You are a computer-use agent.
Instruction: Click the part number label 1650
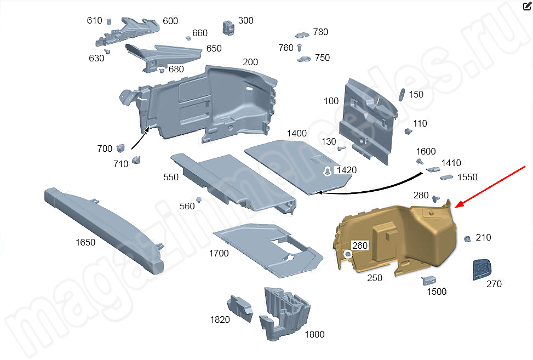tap(85, 242)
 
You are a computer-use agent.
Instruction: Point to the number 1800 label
tap(314, 334)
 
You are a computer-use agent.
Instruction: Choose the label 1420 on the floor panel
tap(346, 170)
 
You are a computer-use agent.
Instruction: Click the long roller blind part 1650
tap(104, 230)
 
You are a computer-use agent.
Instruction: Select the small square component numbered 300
tap(228, 26)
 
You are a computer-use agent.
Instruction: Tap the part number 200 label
tap(250, 62)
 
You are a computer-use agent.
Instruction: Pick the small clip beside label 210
tap(468, 239)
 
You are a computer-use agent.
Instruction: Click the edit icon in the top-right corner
tap(527, 7)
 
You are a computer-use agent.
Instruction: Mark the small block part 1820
tap(240, 307)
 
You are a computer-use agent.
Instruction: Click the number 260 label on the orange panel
tap(360, 245)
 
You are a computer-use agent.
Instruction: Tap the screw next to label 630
tap(108, 51)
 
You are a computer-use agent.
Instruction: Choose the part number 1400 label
tap(296, 133)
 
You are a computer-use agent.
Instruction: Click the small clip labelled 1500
tap(426, 280)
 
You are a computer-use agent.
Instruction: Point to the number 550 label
tap(171, 177)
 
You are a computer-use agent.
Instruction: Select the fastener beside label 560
tap(200, 199)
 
